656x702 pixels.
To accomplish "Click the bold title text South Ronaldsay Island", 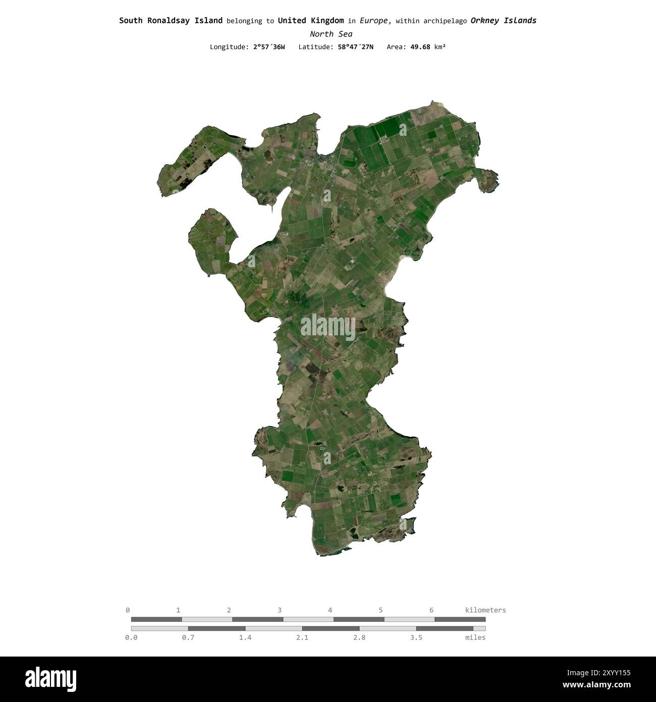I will point(171,21).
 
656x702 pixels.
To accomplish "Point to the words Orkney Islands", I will point(503,21).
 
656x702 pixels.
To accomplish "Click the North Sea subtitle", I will point(331,34).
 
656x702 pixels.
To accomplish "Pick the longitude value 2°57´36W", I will point(269,47).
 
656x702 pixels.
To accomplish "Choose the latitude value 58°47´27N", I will point(356,47).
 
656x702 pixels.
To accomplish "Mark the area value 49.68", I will point(421,47).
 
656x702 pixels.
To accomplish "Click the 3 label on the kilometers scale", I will point(280,610).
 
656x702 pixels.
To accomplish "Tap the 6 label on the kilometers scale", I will point(431,610).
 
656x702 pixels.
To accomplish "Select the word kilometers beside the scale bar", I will point(485,610).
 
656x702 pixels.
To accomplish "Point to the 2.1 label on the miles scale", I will point(302,637).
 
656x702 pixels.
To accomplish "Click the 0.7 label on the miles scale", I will point(188,637).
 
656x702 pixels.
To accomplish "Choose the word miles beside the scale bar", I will point(475,637).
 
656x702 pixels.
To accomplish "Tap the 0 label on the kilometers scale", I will point(128,610).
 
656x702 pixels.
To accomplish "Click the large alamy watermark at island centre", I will point(328,327).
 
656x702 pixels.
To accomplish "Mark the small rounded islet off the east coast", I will point(487,180).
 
